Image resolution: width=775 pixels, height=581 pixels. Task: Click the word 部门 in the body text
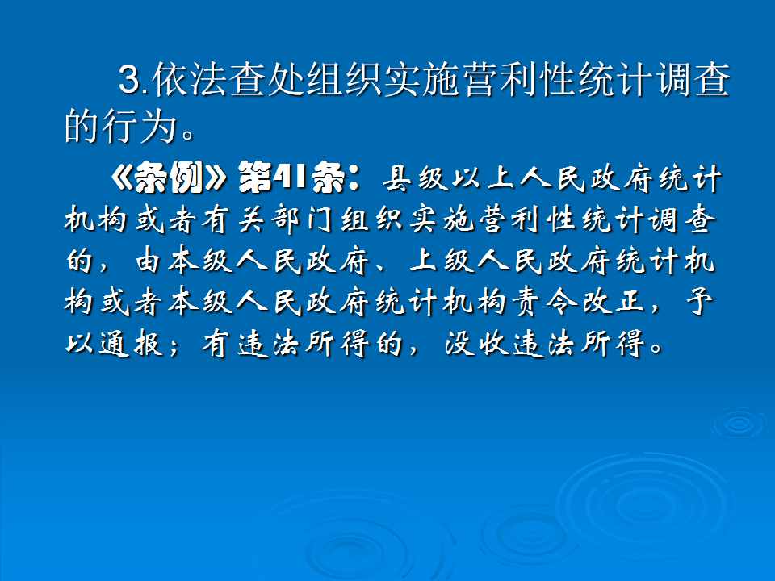coord(345,220)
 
